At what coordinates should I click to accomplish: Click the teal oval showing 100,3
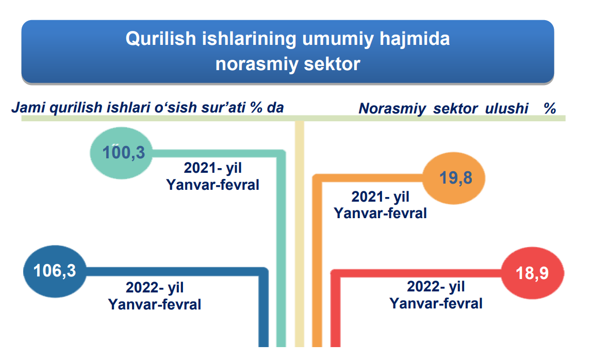121,153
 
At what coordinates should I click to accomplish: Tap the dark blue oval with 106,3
55,271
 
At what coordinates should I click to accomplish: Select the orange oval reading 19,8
453,178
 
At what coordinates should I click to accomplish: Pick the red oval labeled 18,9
532,273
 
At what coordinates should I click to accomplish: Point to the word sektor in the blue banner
332,64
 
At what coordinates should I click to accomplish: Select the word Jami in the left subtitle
29,108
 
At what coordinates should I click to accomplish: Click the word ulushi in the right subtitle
506,109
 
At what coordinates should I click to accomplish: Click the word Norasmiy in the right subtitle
392,109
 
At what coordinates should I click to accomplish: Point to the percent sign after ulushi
550,109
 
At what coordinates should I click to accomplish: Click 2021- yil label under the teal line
212,168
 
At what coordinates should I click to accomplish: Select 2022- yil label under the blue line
154,288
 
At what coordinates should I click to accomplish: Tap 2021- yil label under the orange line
380,197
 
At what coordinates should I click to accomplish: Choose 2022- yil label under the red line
436,287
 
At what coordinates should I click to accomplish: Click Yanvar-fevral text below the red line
436,304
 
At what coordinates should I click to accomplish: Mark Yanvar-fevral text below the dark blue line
154,304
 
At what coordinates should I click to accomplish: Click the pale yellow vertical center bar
300,234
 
